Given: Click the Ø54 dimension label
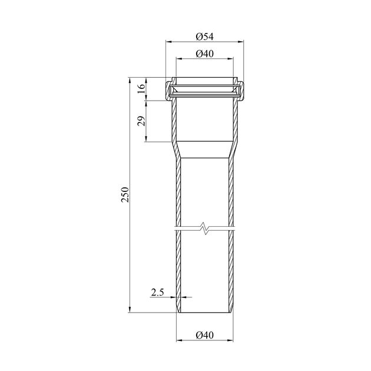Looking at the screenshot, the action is click(x=205, y=37).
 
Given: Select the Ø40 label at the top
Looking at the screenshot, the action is click(x=205, y=54).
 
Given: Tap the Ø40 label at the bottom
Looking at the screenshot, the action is click(x=205, y=335).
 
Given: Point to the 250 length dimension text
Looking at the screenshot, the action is click(x=125, y=195).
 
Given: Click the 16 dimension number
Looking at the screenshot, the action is click(x=141, y=89).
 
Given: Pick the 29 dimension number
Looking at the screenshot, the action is click(x=141, y=121).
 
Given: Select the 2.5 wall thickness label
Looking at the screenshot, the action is click(x=158, y=293).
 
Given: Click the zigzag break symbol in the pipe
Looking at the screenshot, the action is click(x=205, y=228).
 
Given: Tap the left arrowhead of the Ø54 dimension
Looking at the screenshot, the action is click(x=168, y=42).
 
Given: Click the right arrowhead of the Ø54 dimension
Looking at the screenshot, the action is click(x=241, y=42).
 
